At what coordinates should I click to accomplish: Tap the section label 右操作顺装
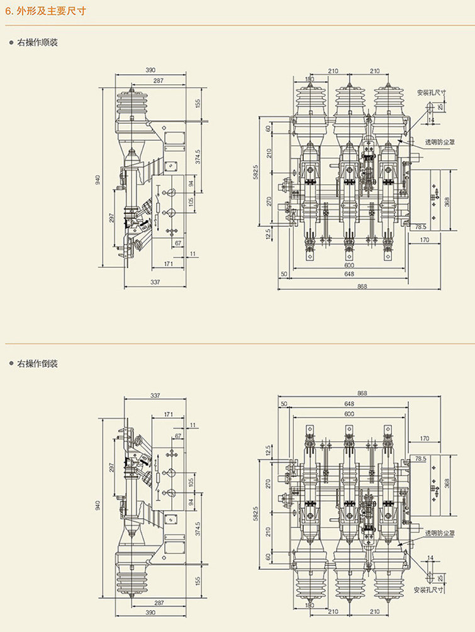tap(37, 43)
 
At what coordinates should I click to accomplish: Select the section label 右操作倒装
tap(37, 363)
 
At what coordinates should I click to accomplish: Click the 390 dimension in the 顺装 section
tap(150, 70)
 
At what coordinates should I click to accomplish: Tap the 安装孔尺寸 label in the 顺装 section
tap(431, 92)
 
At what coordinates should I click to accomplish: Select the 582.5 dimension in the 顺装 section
tap(255, 172)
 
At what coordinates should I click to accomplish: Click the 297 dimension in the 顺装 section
tap(112, 218)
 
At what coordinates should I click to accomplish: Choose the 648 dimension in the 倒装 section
tap(349, 404)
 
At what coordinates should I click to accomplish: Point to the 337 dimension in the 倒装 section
tap(155, 396)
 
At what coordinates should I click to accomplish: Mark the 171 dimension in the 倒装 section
tap(169, 415)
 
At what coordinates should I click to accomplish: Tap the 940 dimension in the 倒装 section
tap(98, 504)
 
